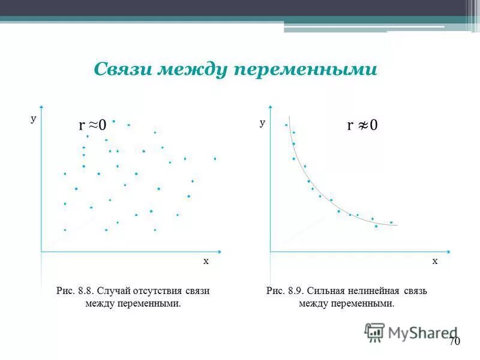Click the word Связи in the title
pos(123,70)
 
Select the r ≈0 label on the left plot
pos(92,125)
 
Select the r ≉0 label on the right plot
pos(362,125)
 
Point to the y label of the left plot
pos(34,119)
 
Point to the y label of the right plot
pos(262,122)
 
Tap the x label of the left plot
pos(205,261)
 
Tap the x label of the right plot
pos(435,261)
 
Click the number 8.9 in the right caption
pos(295,291)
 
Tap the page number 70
pos(454,341)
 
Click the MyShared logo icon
pos(374,332)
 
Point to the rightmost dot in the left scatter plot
pos(215,158)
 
